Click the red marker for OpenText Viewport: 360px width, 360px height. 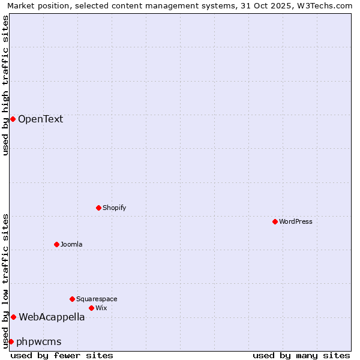pos(13,119)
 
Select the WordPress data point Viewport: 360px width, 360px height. pos(275,221)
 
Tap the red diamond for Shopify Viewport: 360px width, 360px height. pos(98,208)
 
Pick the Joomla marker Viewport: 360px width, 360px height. pos(56,244)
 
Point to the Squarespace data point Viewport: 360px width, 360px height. pos(72,299)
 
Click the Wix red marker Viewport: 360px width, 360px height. pos(91,308)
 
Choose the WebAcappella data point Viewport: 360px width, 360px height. pos(13,317)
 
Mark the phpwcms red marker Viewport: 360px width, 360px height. pos(11,341)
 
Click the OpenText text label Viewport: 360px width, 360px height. pos(40,119)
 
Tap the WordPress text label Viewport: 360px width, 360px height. pos(295,221)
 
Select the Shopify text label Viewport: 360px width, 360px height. pos(114,208)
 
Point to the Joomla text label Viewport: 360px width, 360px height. pos(71,244)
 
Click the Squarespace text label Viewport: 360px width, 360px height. pos(97,299)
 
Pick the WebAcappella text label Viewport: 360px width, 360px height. pos(52,317)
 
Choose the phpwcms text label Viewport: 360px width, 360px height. pos(39,341)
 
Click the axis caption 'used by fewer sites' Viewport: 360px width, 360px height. pos(62,355)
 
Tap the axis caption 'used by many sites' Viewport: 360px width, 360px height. pos(301,355)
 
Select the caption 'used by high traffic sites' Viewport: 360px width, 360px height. pos(5,85)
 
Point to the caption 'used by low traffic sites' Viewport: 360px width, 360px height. pos(5,280)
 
